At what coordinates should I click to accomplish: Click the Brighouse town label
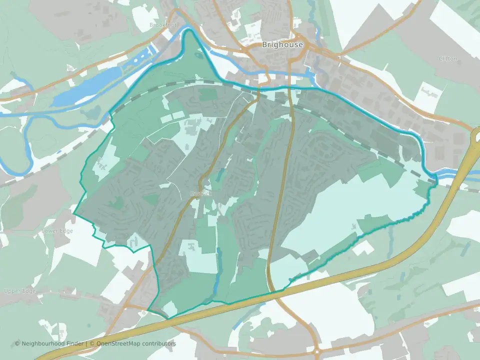click(x=282, y=44)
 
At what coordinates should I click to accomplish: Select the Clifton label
click(x=447, y=58)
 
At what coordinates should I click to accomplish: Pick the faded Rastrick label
click(x=201, y=193)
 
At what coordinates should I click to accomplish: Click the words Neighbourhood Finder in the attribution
click(x=53, y=343)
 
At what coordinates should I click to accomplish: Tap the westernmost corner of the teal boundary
click(x=74, y=214)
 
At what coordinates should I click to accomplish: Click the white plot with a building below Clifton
click(x=427, y=95)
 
